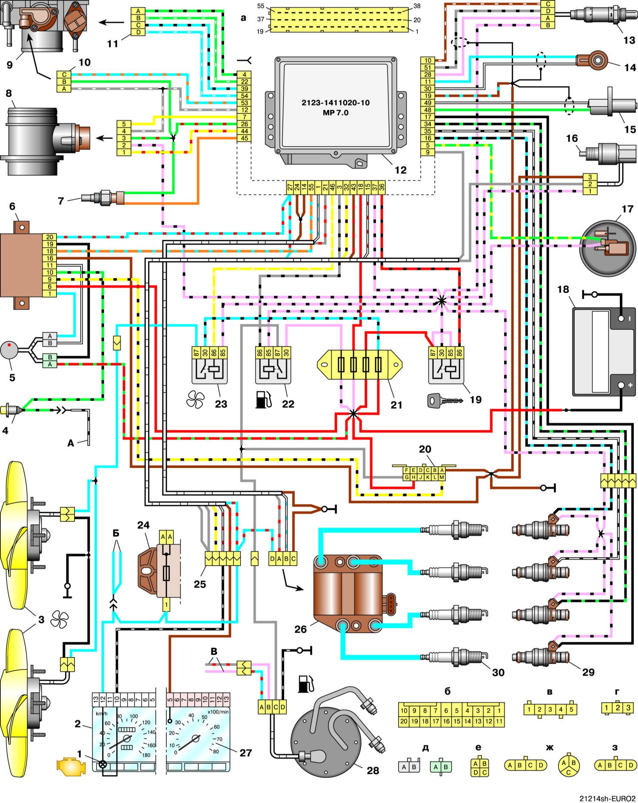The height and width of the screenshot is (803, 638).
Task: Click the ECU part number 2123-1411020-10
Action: click(x=336, y=103)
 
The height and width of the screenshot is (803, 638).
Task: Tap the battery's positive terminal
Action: click(x=621, y=386)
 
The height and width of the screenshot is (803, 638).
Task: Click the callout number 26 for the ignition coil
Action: click(x=300, y=629)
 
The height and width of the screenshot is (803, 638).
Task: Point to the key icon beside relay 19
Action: click(x=444, y=400)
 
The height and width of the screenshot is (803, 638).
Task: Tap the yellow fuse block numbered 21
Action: click(x=359, y=365)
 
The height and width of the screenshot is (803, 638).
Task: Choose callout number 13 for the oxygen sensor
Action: click(x=629, y=40)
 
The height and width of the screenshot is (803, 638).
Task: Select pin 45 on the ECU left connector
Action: click(x=244, y=138)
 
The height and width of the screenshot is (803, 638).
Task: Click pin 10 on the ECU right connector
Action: click(x=427, y=60)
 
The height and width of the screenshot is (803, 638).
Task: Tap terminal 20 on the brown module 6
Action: click(x=50, y=237)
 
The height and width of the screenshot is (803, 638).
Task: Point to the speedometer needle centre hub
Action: click(x=126, y=739)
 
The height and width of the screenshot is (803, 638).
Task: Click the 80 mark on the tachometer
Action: click(x=216, y=752)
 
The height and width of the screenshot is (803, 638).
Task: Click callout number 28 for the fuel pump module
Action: click(x=373, y=770)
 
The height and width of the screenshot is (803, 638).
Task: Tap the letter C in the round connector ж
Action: click(x=568, y=771)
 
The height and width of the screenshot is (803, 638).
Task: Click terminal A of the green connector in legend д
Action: click(x=436, y=767)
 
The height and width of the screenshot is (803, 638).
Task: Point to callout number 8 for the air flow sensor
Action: click(x=8, y=93)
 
